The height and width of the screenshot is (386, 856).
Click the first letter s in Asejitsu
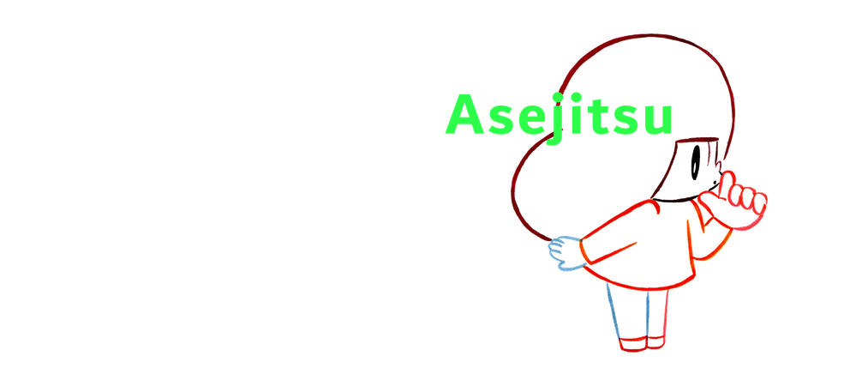click(x=492, y=121)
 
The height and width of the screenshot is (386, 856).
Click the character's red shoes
click(x=638, y=344)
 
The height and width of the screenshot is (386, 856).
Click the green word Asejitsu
click(x=558, y=118)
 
